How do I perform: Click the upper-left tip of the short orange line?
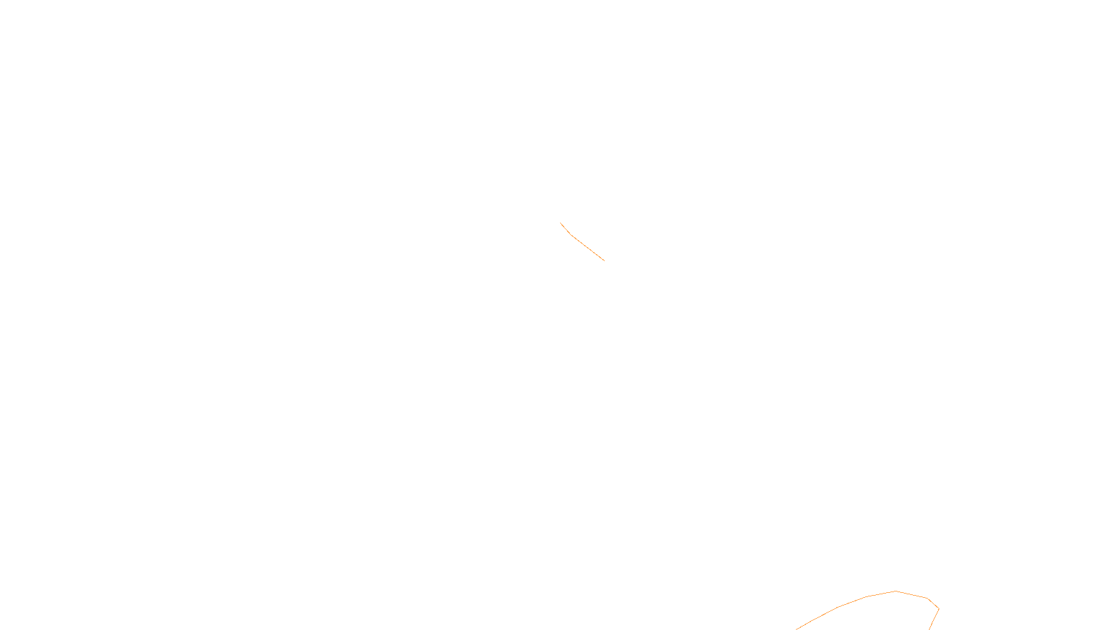pyautogui.click(x=560, y=223)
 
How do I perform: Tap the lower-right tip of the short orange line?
pyautogui.click(x=604, y=260)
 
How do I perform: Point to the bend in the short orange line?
pyautogui.click(x=571, y=234)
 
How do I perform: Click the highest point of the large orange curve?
pyautogui.click(x=895, y=591)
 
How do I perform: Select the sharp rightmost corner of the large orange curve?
pyautogui.click(x=938, y=608)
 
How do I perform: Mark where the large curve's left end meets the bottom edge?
pyautogui.click(x=797, y=629)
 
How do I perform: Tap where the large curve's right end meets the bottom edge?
pyautogui.click(x=929, y=629)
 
